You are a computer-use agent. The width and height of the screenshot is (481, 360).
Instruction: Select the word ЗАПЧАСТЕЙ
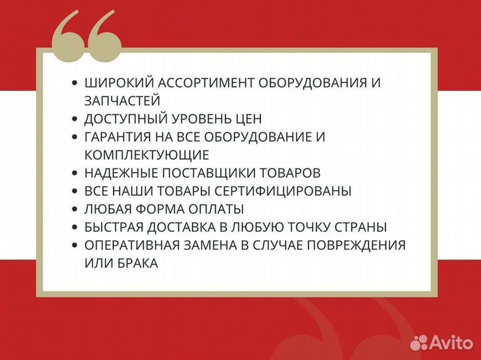[x=122, y=101]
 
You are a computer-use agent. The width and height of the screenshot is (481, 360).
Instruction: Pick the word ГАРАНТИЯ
[x=118, y=137]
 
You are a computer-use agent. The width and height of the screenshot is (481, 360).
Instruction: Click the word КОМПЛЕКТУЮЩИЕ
[x=147, y=155]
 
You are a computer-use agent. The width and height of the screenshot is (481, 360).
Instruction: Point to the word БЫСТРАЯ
[x=114, y=227]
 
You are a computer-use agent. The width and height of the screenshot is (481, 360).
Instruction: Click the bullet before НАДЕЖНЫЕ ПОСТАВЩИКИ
[x=74, y=173]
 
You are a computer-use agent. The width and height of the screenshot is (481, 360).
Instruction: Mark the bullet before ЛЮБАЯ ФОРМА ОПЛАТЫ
[x=74, y=209]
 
